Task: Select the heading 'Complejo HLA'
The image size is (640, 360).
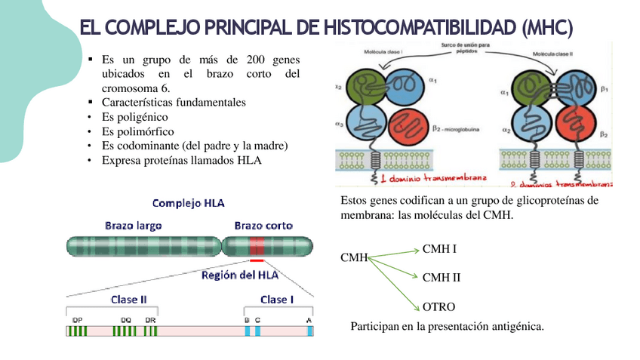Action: (188, 203)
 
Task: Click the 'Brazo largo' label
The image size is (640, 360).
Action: (133, 225)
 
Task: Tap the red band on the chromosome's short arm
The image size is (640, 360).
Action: (257, 246)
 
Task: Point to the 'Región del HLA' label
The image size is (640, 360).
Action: (239, 275)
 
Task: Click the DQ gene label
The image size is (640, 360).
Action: (125, 320)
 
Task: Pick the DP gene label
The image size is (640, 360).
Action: (77, 320)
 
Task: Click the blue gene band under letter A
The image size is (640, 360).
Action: (309, 331)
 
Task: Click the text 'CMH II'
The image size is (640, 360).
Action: (442, 278)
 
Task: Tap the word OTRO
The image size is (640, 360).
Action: (438, 307)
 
